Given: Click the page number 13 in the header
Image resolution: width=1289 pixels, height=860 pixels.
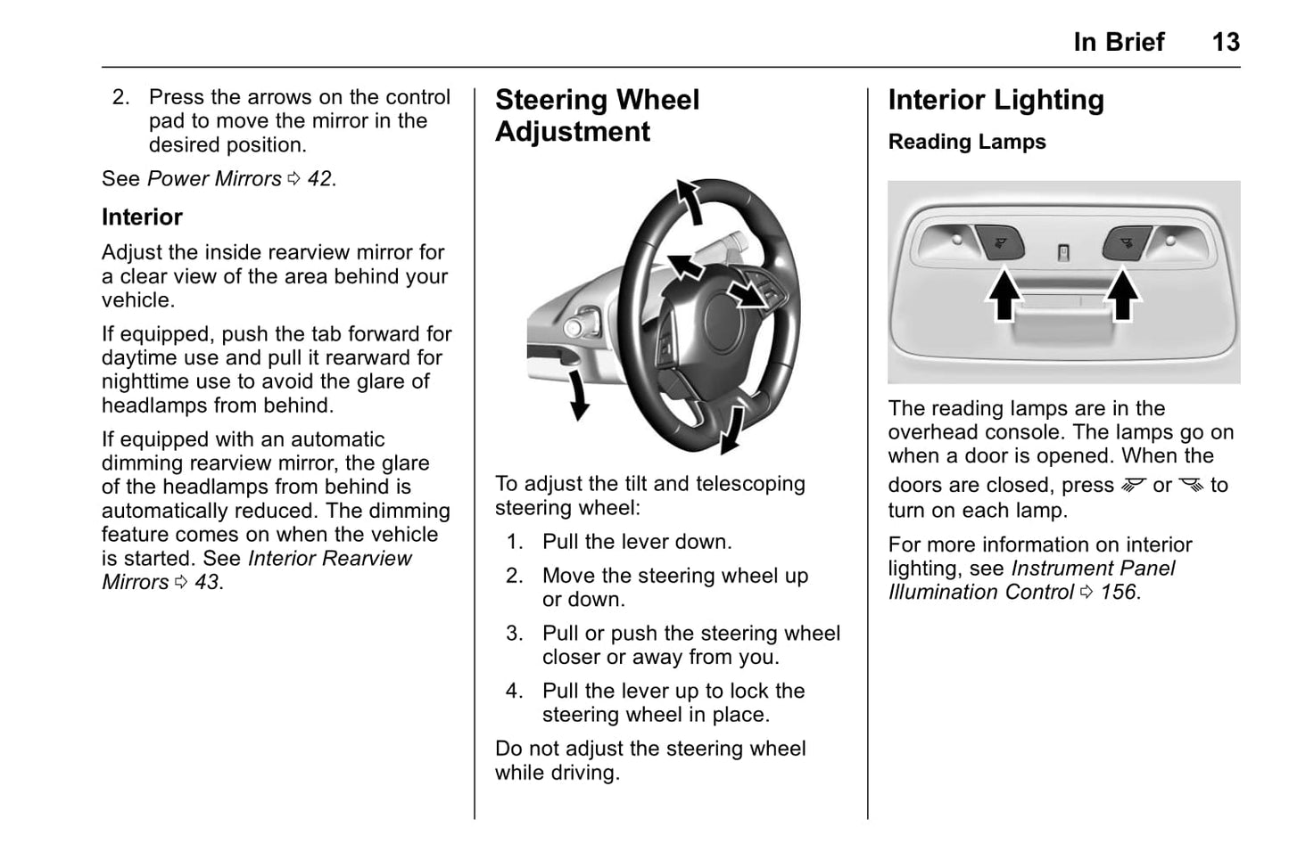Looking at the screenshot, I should pos(1225,42).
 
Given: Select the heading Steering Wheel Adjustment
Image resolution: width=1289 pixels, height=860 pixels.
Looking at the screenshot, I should pos(597,116).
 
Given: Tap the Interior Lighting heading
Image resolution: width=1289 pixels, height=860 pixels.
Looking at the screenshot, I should pos(996,100).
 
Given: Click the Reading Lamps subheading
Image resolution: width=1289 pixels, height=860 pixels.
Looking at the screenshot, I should pos(967,142).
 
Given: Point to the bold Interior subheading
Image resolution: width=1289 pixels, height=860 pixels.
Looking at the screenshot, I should pos(142,217).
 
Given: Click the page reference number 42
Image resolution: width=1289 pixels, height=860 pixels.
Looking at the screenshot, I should pos(319,179).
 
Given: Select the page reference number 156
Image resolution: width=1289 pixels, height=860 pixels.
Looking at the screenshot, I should pos(1119,593).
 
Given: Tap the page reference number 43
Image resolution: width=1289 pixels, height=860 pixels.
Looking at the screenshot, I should pos(207,583).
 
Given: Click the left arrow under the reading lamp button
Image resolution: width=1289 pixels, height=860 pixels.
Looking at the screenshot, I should pos(1004,297).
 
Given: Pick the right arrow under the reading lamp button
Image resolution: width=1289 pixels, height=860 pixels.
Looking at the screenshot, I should pos(1122,297).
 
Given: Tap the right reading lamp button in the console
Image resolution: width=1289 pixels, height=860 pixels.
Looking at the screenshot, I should pos(1126,242).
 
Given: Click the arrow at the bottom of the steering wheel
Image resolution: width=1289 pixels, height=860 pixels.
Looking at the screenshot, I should pos(733,427).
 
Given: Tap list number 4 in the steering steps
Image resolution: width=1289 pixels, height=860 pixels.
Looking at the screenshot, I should pos(514,692).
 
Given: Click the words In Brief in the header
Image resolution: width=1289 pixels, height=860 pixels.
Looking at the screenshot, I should pos(1119,42).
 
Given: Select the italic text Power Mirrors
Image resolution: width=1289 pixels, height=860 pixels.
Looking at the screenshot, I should pos(214,179).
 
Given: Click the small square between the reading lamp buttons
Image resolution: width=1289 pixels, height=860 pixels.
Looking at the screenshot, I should pos(1062,253).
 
